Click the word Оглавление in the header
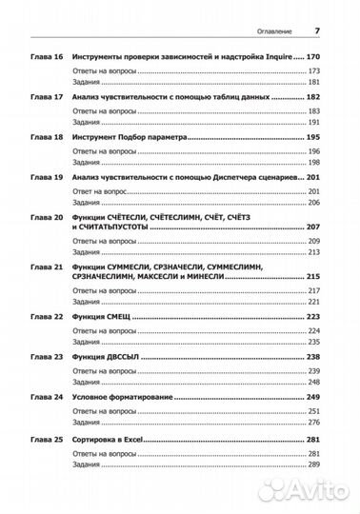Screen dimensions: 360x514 pyautogui.click(x=272, y=30)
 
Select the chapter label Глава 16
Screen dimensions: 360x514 pyautogui.click(x=46, y=58)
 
